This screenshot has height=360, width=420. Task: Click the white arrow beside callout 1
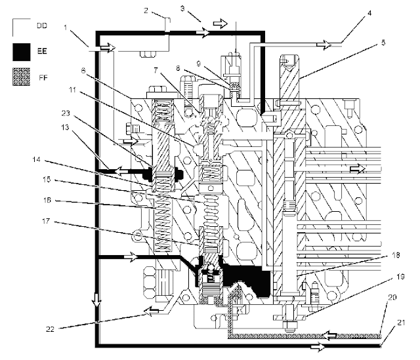click(x=104, y=47)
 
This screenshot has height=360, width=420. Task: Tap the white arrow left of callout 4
click(x=325, y=45)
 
